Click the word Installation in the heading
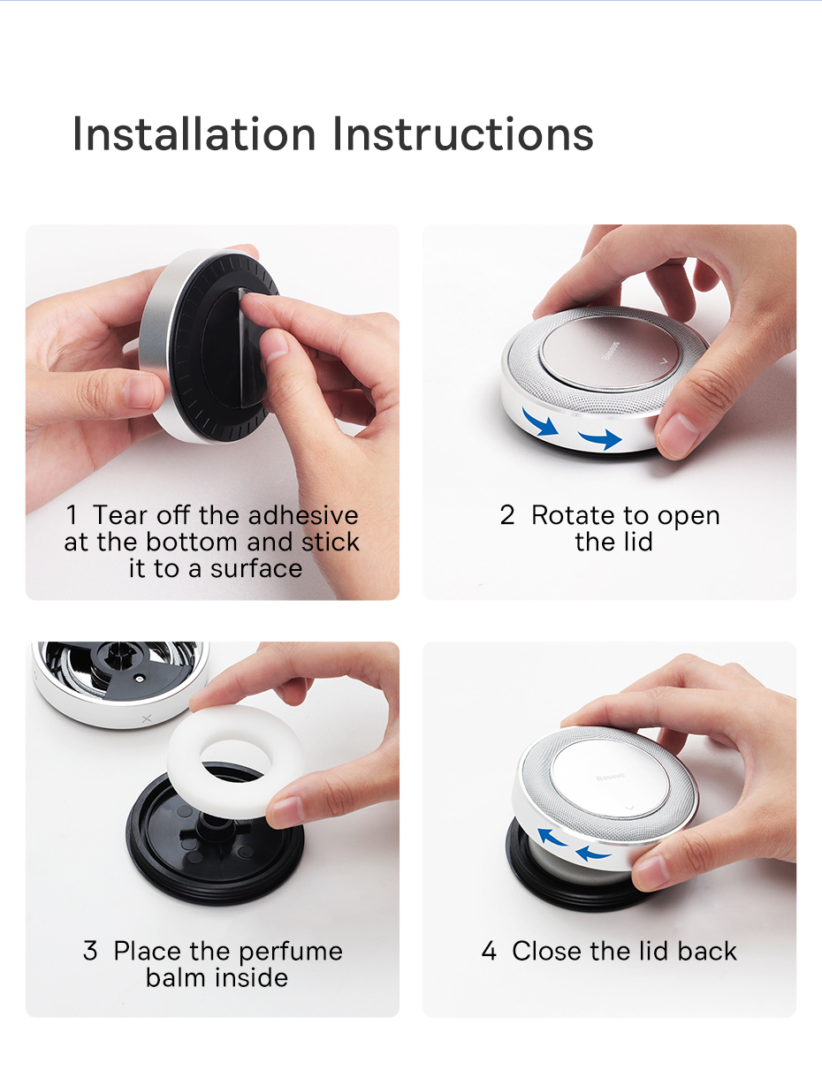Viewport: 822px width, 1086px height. click(x=194, y=133)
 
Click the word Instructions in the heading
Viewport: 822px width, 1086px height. click(x=463, y=133)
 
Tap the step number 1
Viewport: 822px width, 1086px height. click(x=72, y=515)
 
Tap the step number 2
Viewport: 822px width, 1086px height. click(x=507, y=515)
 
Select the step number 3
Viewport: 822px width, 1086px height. click(x=90, y=951)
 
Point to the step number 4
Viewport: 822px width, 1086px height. click(x=489, y=951)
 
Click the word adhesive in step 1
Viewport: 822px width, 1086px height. click(x=303, y=515)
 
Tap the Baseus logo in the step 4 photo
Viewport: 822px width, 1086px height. click(x=610, y=777)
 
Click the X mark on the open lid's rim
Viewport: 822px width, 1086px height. click(x=147, y=718)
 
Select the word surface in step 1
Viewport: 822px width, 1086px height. click(x=256, y=568)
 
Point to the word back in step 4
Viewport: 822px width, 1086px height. click(x=707, y=951)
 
